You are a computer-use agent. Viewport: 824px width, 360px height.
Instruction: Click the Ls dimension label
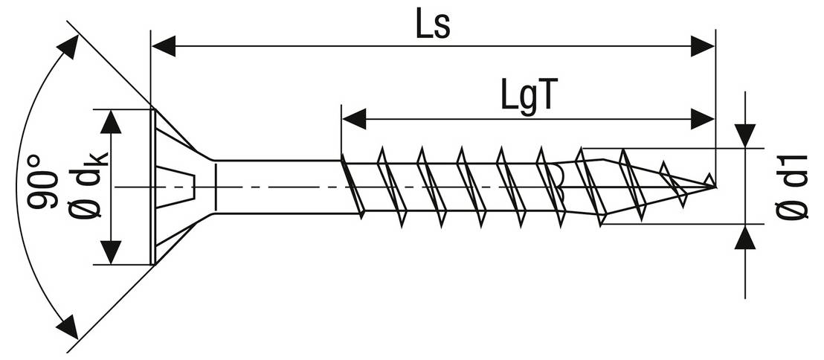pos(433,24)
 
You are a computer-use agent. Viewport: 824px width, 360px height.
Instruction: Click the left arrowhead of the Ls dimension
pos(164,46)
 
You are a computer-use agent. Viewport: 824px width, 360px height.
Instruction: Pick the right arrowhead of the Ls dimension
pos(703,46)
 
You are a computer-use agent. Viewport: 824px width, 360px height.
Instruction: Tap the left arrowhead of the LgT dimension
pos(354,119)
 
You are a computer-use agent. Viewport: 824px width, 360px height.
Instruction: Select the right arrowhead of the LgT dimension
pos(703,119)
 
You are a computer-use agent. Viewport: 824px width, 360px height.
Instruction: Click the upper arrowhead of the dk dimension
pos(110,122)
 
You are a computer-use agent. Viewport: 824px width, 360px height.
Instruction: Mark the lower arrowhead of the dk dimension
pos(110,252)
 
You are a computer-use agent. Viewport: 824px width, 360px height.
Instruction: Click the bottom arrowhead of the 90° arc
pos(67,327)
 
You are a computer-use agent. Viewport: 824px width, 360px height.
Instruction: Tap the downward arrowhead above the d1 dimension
pos(745,135)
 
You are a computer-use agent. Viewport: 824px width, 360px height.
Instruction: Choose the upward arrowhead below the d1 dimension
pos(745,237)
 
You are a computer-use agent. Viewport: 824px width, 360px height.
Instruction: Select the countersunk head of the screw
pos(178,187)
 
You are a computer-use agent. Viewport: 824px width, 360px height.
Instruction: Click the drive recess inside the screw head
pos(176,187)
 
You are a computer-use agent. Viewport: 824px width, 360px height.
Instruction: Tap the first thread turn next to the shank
pos(352,186)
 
